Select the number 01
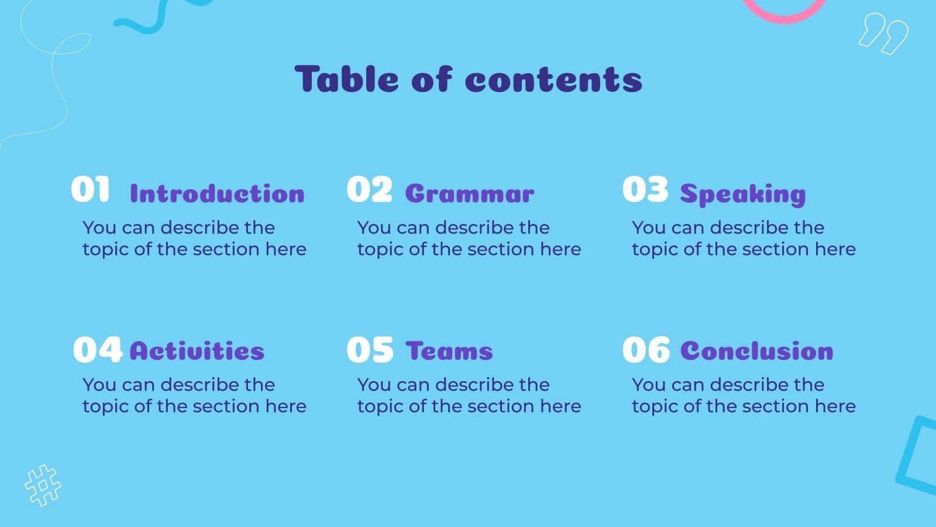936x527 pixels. (91, 190)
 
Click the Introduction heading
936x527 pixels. (217, 194)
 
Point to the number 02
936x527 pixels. (369, 190)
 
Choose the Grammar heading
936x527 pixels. (470, 194)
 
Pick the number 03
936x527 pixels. (645, 190)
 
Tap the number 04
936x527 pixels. (98, 350)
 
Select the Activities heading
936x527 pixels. (197, 351)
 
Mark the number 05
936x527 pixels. (370, 350)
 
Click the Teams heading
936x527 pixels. (449, 351)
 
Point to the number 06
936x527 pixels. (646, 350)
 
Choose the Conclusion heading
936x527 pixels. (757, 351)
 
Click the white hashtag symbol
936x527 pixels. (43, 485)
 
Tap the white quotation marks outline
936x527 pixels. (883, 33)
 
